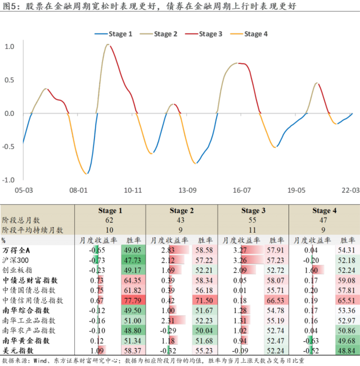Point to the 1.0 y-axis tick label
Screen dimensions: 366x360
pyautogui.click(x=10, y=46)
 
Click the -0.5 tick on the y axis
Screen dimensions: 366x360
pyautogui.click(x=9, y=147)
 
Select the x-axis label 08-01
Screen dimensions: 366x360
pyautogui.click(x=79, y=191)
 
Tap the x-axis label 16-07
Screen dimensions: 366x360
pyautogui.click(x=242, y=191)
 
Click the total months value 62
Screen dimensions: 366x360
pyautogui.click(x=110, y=220)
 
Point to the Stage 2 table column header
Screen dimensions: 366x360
pyautogui.click(x=181, y=211)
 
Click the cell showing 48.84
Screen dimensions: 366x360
pyautogui.click(x=345, y=350)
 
